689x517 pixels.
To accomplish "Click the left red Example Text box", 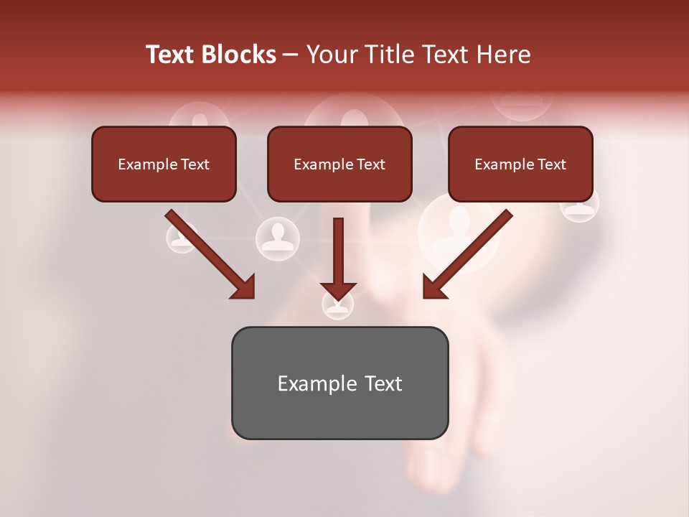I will (x=164, y=164).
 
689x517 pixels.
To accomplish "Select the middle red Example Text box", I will (x=339, y=164).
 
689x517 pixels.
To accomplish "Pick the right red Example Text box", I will (x=520, y=164).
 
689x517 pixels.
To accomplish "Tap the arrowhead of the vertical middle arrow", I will (x=338, y=290).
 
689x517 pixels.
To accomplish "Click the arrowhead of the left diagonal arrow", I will (x=244, y=287).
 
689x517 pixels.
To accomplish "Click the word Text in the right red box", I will (x=551, y=164).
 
